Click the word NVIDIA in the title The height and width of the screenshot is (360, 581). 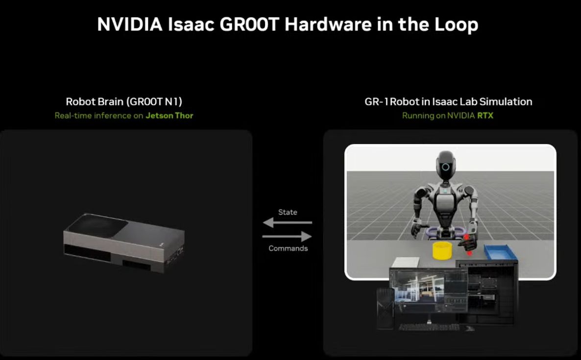(x=130, y=24)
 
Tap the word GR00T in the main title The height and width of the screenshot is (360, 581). (x=249, y=24)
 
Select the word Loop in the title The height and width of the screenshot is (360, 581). (x=456, y=25)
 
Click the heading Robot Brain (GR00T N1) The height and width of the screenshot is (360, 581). (x=124, y=101)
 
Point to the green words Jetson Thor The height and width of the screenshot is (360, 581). (x=169, y=116)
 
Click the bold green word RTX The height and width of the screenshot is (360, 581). (x=485, y=116)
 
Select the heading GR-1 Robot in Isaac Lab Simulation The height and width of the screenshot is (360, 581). (x=448, y=101)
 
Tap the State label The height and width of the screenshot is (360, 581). (x=288, y=212)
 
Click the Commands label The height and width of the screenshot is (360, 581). (x=288, y=248)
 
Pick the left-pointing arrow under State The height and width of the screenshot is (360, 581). (x=288, y=222)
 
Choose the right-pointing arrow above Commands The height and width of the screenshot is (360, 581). (x=287, y=236)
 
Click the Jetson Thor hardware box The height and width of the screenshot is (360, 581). (x=124, y=242)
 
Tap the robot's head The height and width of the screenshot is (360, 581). (x=445, y=166)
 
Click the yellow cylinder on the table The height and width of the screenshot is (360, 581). (x=442, y=250)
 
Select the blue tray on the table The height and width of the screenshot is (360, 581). (x=500, y=252)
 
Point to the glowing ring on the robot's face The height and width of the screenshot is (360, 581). (x=445, y=167)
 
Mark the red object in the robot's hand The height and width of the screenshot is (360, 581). (x=468, y=244)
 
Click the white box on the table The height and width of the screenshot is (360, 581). (x=405, y=263)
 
